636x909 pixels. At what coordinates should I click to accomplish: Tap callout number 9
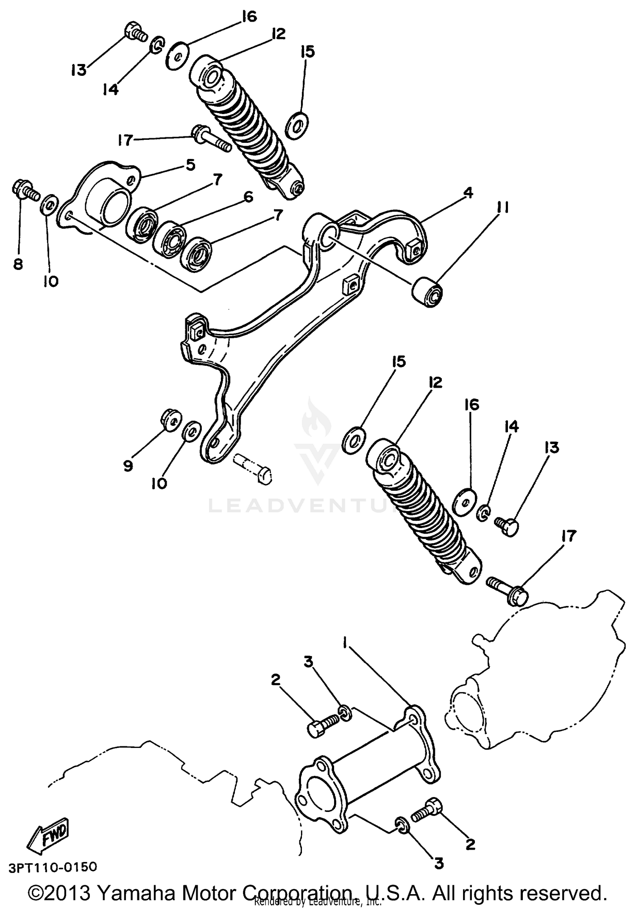(x=128, y=466)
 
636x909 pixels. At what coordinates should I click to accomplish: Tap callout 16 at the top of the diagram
(x=249, y=17)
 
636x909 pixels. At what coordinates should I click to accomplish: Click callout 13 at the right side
(x=552, y=448)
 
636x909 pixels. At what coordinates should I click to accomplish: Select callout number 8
(x=18, y=264)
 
